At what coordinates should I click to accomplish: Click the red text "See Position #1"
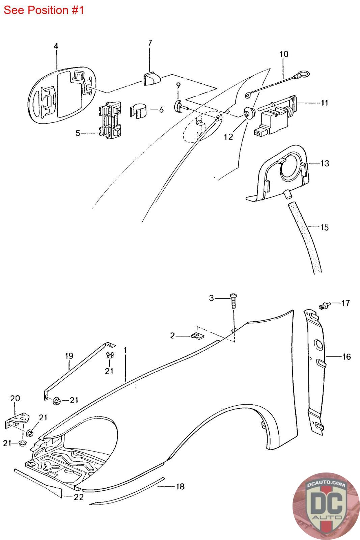click(44, 10)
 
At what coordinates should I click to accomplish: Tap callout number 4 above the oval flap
click(56, 46)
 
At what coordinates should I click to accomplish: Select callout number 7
click(150, 43)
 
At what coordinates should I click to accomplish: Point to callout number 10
click(284, 54)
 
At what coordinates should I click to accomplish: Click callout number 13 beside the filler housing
click(325, 163)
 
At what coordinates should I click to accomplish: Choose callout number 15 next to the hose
click(325, 227)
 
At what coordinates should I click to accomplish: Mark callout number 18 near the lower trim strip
click(180, 486)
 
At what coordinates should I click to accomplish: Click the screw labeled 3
click(233, 301)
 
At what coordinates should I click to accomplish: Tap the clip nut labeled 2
click(198, 335)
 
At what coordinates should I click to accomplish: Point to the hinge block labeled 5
click(110, 119)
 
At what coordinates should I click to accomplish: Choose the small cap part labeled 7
click(152, 78)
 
